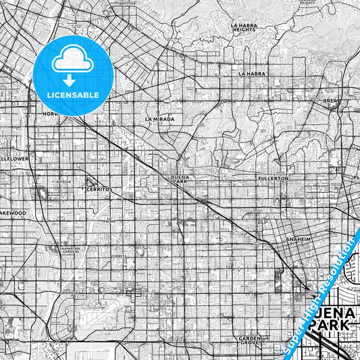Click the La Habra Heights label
point(244,28)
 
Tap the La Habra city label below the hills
point(252,73)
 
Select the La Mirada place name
point(159,119)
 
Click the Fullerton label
point(273,178)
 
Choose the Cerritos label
point(99,190)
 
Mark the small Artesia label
point(63,182)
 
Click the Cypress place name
point(120,257)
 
